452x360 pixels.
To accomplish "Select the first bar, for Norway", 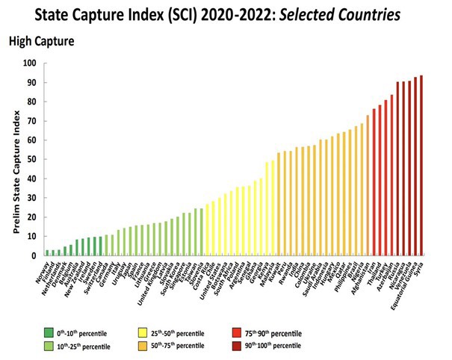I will [47, 252].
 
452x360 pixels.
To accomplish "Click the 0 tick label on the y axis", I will [33, 255].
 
